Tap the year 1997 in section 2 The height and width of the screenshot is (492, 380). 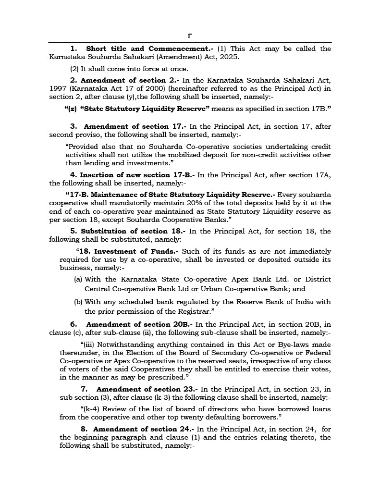(x=58, y=89)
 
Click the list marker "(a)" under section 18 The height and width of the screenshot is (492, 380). (x=78, y=279)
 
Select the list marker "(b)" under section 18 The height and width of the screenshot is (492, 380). (x=78, y=302)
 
